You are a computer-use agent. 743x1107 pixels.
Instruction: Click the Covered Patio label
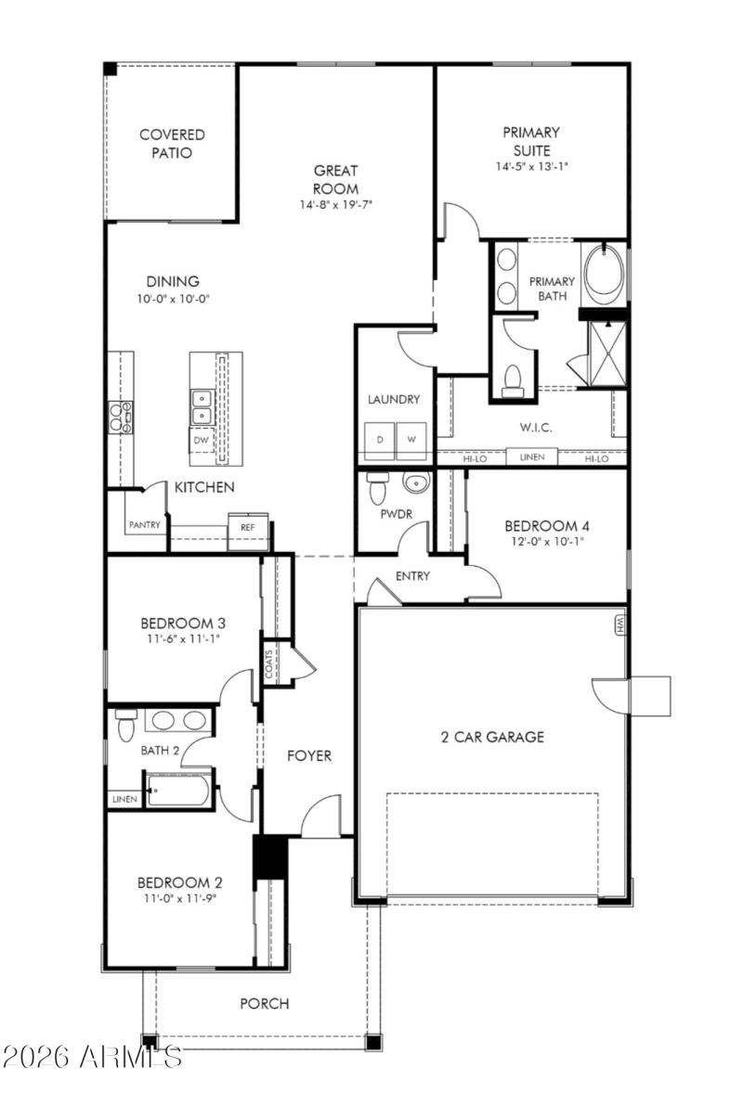tap(172, 144)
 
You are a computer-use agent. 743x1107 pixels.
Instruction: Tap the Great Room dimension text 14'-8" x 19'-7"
tap(336, 204)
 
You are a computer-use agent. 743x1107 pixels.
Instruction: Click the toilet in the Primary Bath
tap(512, 379)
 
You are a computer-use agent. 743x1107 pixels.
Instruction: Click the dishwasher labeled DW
tap(202, 440)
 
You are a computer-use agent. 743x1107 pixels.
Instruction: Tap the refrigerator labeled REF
tap(247, 527)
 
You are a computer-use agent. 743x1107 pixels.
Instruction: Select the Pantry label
tap(144, 524)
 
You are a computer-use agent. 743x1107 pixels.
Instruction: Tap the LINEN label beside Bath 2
tap(124, 799)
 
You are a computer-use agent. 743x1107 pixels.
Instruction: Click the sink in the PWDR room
tap(415, 483)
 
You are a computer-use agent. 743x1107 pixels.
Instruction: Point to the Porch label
tap(265, 1004)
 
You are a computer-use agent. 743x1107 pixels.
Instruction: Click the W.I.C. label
tap(530, 429)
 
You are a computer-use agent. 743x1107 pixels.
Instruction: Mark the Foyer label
tap(308, 756)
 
